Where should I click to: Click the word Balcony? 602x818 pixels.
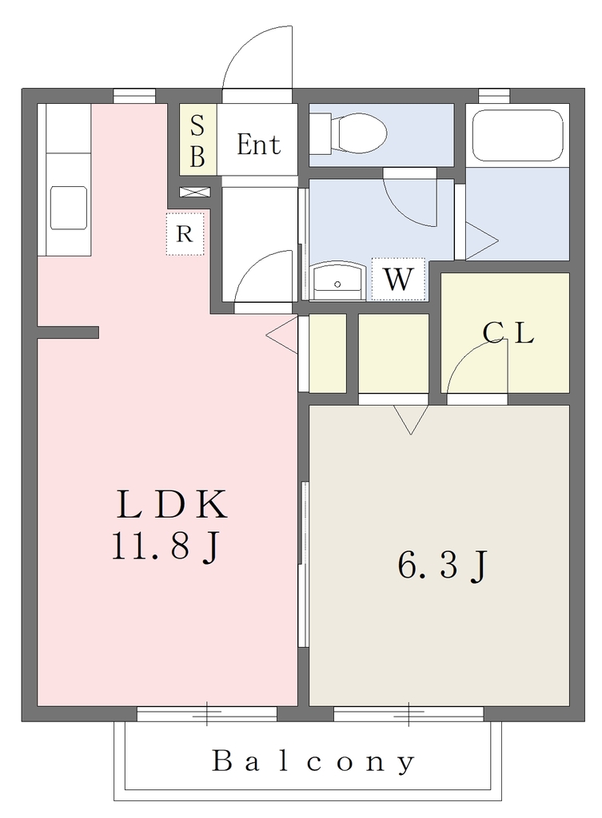click(313, 761)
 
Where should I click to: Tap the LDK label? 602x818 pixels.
click(172, 504)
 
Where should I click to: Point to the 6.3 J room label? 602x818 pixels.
click(442, 566)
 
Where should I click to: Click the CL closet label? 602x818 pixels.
click(508, 333)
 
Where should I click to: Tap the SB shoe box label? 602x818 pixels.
click(197, 140)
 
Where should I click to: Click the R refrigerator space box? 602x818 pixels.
click(185, 234)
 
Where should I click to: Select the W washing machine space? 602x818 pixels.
click(398, 279)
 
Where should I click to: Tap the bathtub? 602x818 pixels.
click(517, 135)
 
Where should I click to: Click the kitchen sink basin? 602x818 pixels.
click(69, 208)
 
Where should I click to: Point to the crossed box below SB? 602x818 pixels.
click(195, 192)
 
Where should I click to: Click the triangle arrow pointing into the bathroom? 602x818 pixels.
click(481, 240)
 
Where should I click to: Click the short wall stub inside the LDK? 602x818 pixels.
click(68, 332)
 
